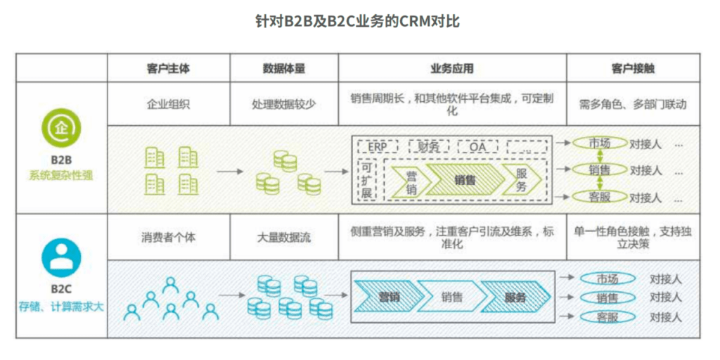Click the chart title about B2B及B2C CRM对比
tap(359, 21)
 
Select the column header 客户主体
tap(168, 68)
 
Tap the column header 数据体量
tap(283, 68)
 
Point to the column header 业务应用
tap(451, 68)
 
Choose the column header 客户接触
tap(633, 68)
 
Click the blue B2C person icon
tap(61, 257)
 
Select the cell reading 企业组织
tap(168, 104)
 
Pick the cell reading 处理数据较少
tap(283, 104)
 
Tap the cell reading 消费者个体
tap(168, 237)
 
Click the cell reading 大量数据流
tap(283, 237)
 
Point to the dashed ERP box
tap(378, 146)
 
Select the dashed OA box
tap(478, 146)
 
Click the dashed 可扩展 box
tap(366, 180)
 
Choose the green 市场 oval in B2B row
tap(599, 143)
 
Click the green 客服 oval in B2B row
tap(599, 197)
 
